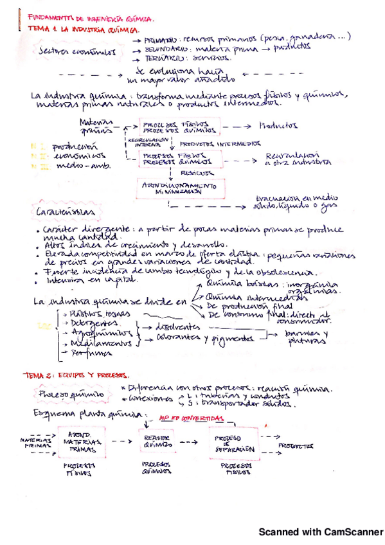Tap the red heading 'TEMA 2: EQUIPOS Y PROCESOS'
pos(76,375)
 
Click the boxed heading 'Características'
pos(65,211)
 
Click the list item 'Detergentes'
pos(89,323)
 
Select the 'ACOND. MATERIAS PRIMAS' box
pos(83,443)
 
